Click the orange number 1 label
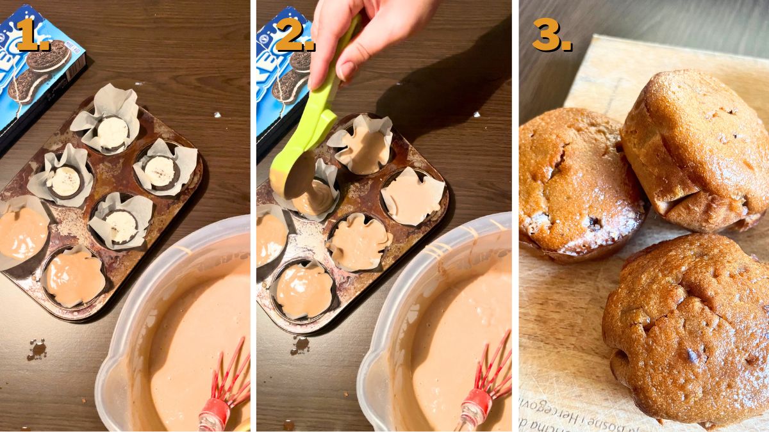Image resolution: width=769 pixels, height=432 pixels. pos(31,35)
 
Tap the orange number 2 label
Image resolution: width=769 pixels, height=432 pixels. pos(294,35)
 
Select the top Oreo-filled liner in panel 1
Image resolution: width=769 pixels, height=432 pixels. pos(112,131)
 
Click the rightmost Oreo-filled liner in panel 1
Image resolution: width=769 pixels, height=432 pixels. pos(160,170)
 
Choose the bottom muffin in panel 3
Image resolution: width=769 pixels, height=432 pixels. pos(686,326)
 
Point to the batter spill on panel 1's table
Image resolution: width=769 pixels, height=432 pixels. pos(37,349)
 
